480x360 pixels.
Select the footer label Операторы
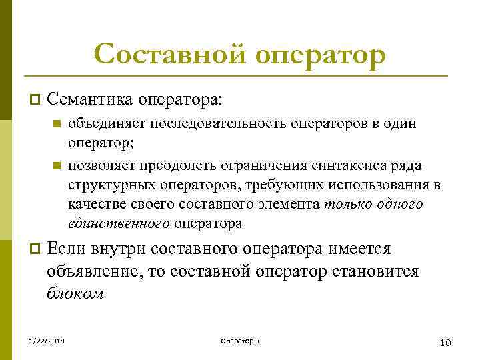(x=240, y=341)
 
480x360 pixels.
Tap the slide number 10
(x=445, y=342)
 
